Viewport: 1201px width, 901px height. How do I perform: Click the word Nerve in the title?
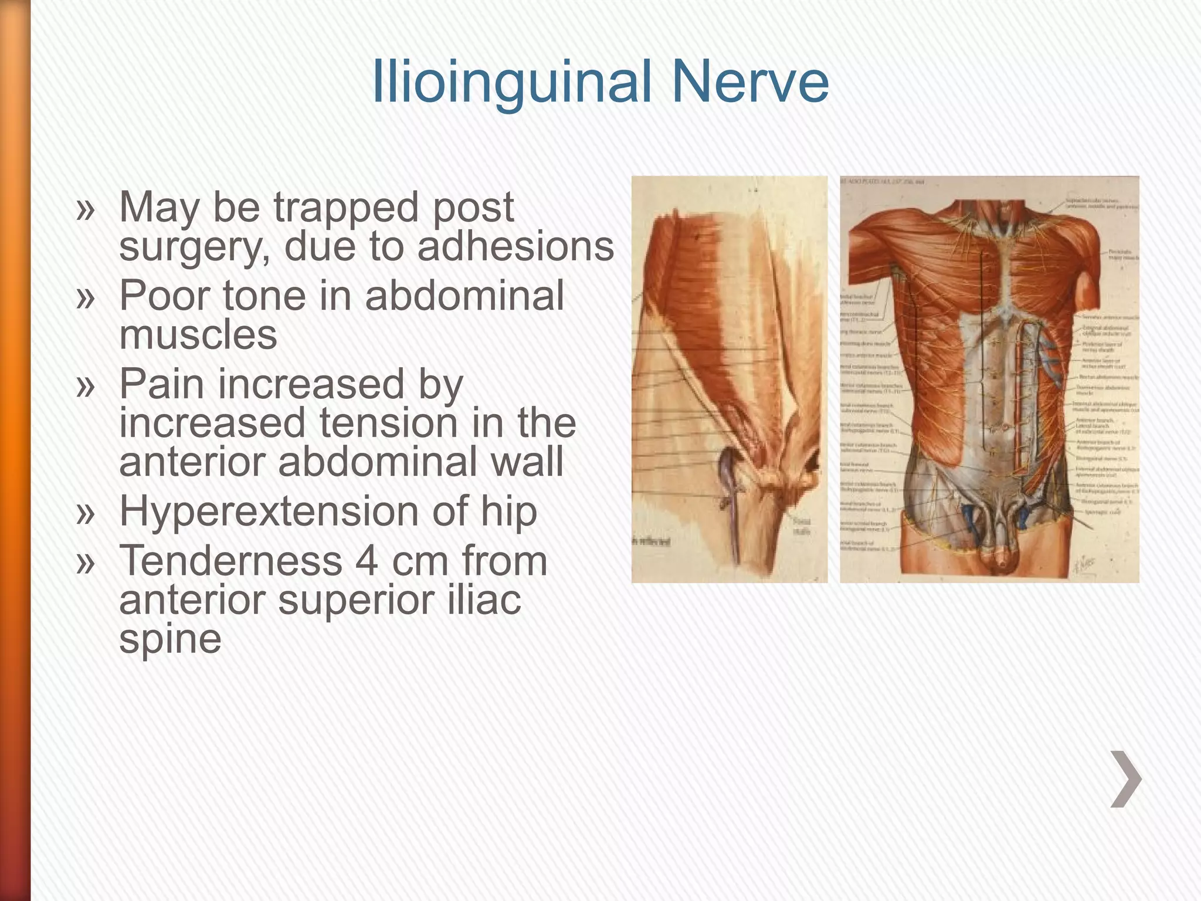[750, 82]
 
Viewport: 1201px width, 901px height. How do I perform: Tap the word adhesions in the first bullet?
[515, 246]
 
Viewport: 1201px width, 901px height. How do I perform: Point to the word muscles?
[198, 336]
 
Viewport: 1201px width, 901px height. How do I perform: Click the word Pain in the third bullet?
[163, 384]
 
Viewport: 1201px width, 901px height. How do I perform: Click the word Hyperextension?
[269, 512]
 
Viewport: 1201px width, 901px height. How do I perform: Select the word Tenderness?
[230, 561]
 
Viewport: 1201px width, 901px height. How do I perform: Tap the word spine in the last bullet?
[170, 639]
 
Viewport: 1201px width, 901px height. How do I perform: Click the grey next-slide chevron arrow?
[1125, 780]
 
